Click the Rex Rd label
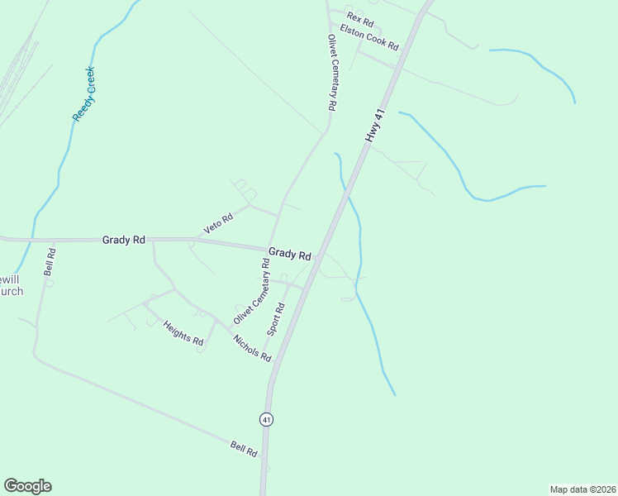click(x=360, y=19)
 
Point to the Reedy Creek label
click(x=84, y=94)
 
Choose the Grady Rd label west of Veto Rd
click(x=124, y=240)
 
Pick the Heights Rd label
click(x=183, y=333)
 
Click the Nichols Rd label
click(x=252, y=348)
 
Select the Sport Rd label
click(x=276, y=319)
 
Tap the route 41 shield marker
click(x=266, y=419)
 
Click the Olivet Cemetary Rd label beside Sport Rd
click(x=252, y=291)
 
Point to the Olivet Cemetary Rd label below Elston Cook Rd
click(x=332, y=73)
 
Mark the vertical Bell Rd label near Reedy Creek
click(x=50, y=261)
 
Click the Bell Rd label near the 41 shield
click(x=245, y=450)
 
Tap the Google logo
click(x=27, y=486)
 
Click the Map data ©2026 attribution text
click(x=582, y=489)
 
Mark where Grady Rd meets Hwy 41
click(x=317, y=257)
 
